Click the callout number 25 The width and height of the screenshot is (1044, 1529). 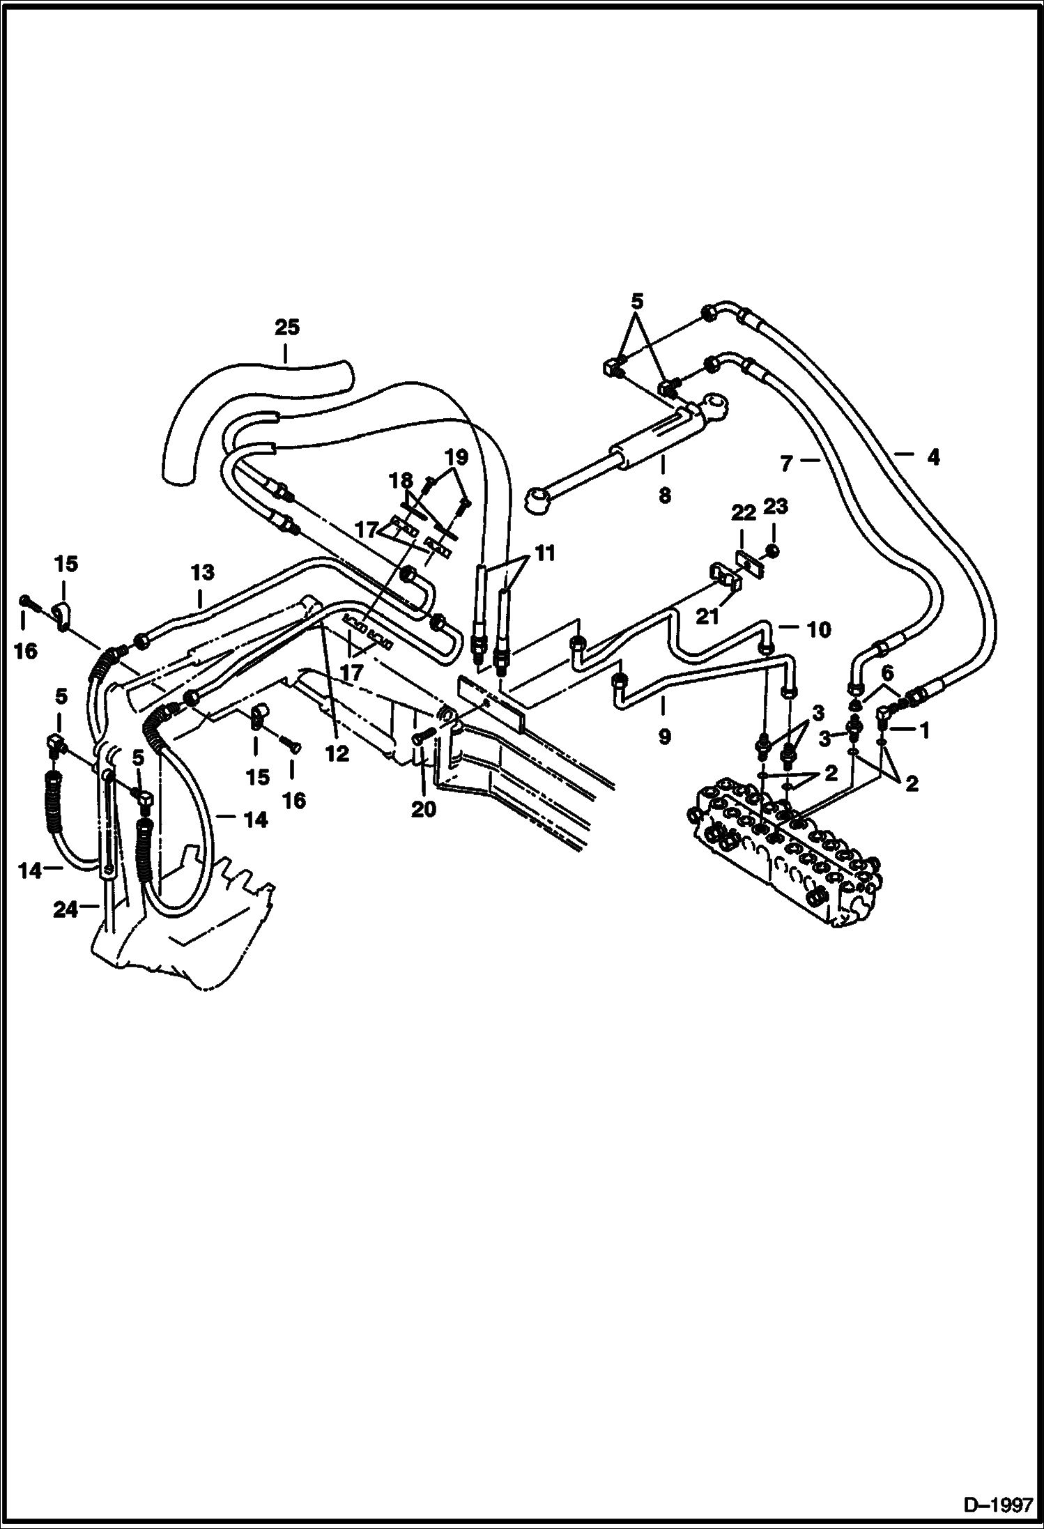pyautogui.click(x=286, y=327)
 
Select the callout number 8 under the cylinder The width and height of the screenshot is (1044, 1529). pyautogui.click(x=664, y=495)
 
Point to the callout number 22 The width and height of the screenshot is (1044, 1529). pyautogui.click(x=743, y=514)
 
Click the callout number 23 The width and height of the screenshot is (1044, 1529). pyautogui.click(x=775, y=507)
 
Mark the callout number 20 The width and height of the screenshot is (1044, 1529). pyautogui.click(x=424, y=809)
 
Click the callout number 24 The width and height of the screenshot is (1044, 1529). pyautogui.click(x=66, y=909)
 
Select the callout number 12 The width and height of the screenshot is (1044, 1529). pyautogui.click(x=337, y=753)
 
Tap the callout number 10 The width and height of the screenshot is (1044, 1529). pyautogui.click(x=818, y=630)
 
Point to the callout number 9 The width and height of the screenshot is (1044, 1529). pyautogui.click(x=664, y=737)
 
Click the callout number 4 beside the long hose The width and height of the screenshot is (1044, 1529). pyautogui.click(x=933, y=457)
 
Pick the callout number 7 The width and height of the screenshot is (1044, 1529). pyautogui.click(x=787, y=463)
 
